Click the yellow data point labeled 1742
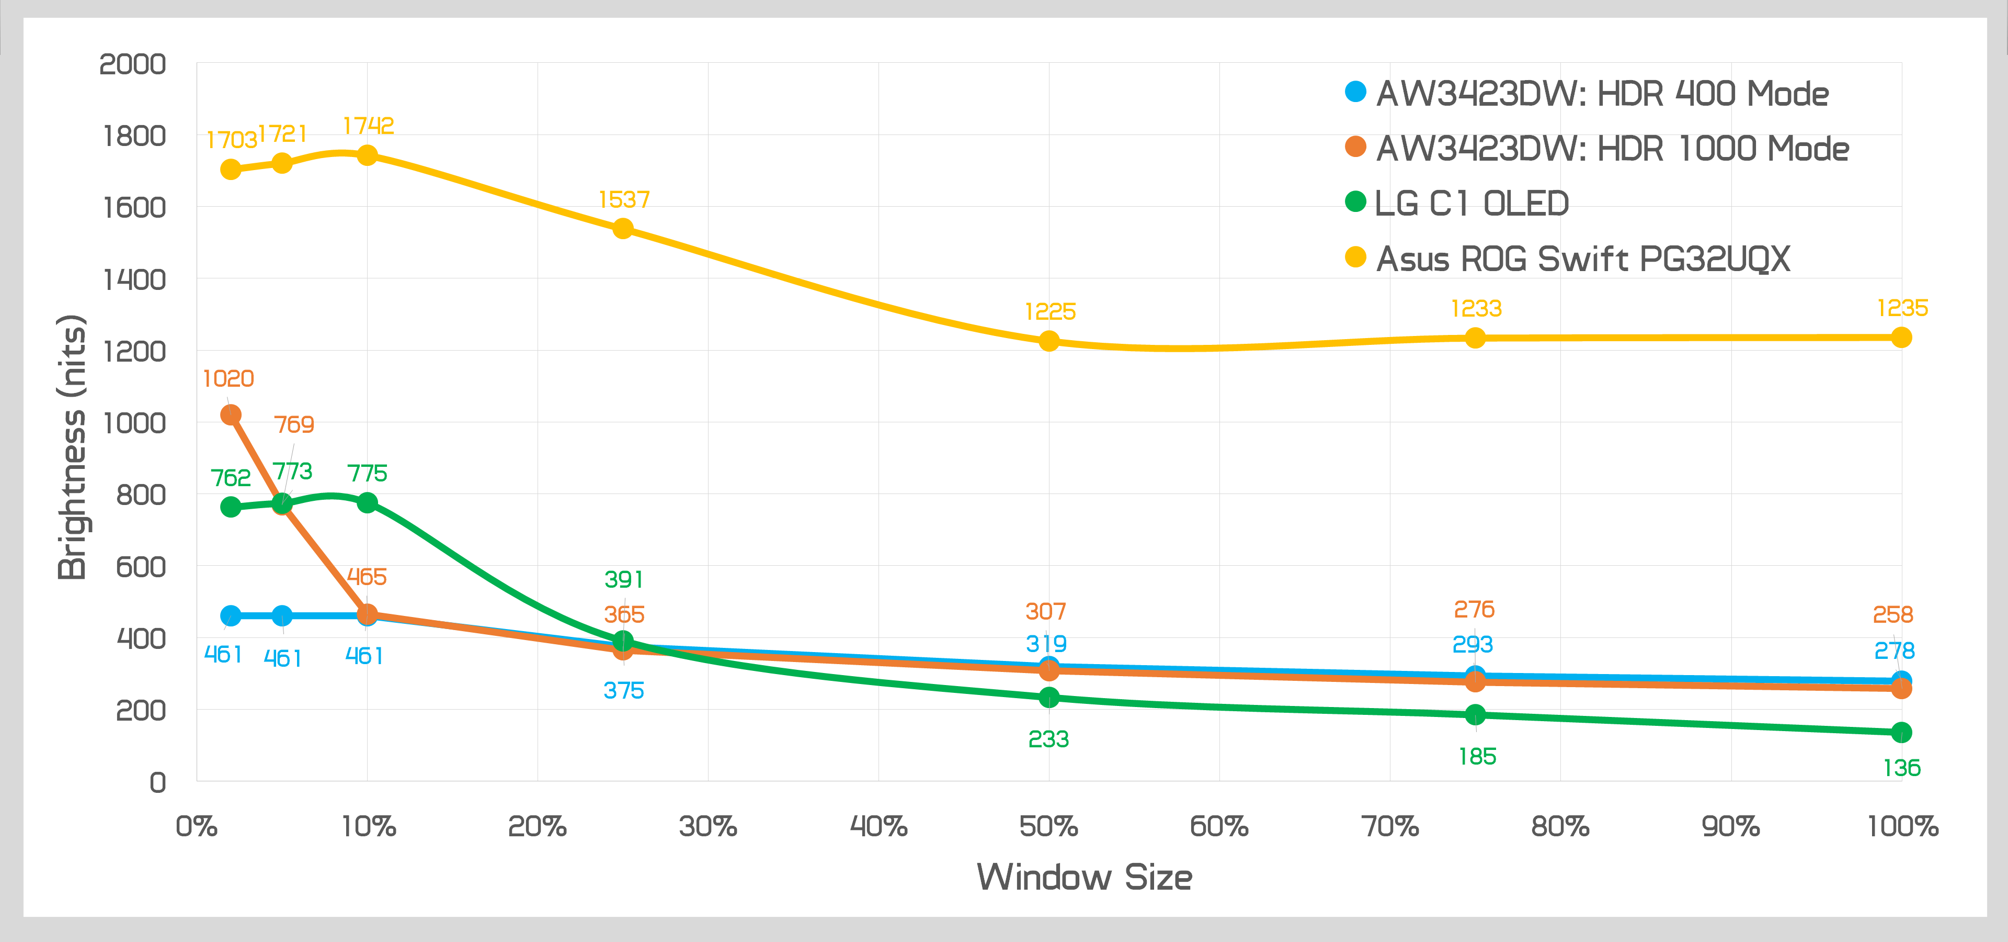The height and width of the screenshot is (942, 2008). (367, 155)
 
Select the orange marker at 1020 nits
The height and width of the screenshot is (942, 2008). (231, 415)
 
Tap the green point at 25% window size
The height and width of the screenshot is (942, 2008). (623, 641)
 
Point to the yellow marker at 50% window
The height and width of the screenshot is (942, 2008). (1049, 341)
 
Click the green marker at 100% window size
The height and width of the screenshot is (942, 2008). (1901, 732)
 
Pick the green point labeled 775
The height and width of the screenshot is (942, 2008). (367, 503)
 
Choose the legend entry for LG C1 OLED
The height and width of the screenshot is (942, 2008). (1471, 204)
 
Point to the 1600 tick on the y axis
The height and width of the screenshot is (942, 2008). (134, 207)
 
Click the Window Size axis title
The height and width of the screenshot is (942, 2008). (1085, 877)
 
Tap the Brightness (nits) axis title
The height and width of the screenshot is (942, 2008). (72, 447)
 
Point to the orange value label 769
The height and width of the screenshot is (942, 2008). (294, 424)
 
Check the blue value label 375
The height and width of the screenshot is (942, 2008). (624, 690)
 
